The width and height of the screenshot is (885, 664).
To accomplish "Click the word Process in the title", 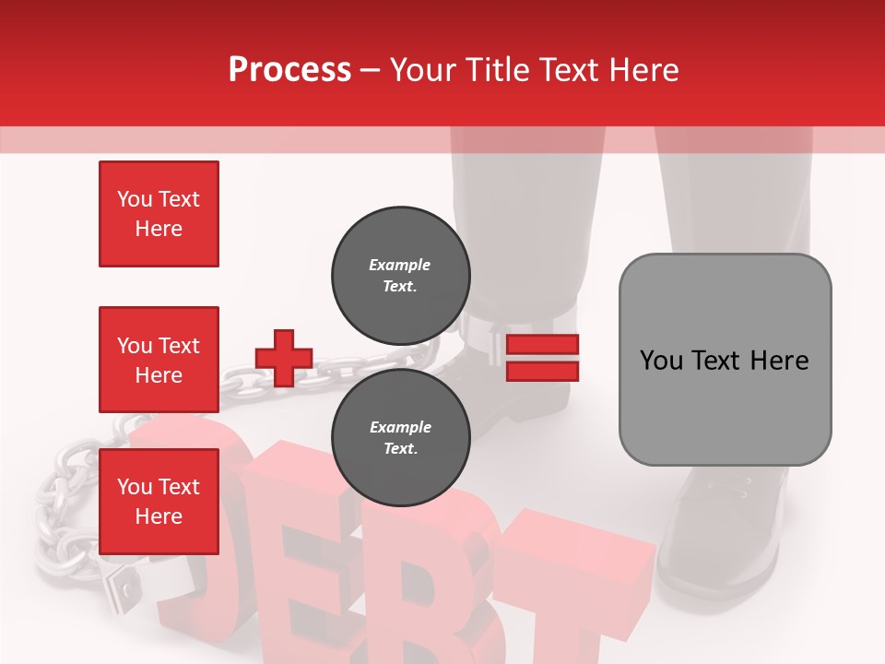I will (x=289, y=69).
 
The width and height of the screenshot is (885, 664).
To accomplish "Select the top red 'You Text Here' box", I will (x=159, y=214).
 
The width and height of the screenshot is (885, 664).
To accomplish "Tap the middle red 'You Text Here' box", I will (x=159, y=360).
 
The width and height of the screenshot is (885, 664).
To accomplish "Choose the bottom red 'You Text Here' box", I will (x=159, y=502).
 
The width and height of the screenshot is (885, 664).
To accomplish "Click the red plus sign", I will (x=284, y=358).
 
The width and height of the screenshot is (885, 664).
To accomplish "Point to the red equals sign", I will (x=542, y=358).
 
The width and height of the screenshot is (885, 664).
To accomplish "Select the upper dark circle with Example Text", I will (x=400, y=276).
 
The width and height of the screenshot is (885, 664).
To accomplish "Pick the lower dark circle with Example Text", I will (x=400, y=438).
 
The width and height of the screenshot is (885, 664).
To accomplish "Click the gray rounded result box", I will (x=725, y=359).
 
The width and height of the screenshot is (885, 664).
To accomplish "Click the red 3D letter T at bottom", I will (x=572, y=590).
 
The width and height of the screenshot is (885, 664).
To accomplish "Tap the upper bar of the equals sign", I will (x=542, y=346).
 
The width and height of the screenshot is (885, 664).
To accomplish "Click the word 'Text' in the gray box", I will (x=724, y=360).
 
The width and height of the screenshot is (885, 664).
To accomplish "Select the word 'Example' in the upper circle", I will (x=400, y=265).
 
